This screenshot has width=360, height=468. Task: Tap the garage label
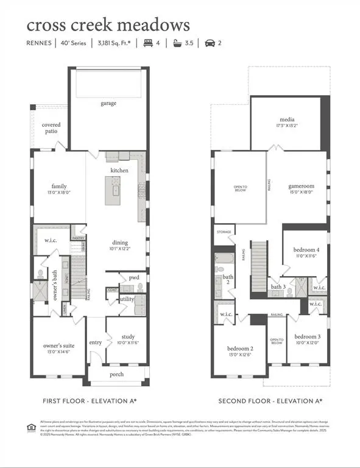(x=108, y=103)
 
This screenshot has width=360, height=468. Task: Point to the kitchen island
(x=113, y=190)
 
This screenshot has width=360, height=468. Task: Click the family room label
(x=59, y=186)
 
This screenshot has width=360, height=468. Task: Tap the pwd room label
(x=133, y=277)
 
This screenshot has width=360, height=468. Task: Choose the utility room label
(x=127, y=299)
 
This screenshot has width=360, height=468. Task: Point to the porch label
(x=117, y=374)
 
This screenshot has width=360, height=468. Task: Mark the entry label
(x=96, y=342)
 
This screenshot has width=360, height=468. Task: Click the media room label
(x=287, y=120)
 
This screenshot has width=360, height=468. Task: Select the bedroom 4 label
(x=305, y=250)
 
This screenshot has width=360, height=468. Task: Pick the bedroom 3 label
(x=306, y=337)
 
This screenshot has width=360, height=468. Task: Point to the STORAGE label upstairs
(x=224, y=232)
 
